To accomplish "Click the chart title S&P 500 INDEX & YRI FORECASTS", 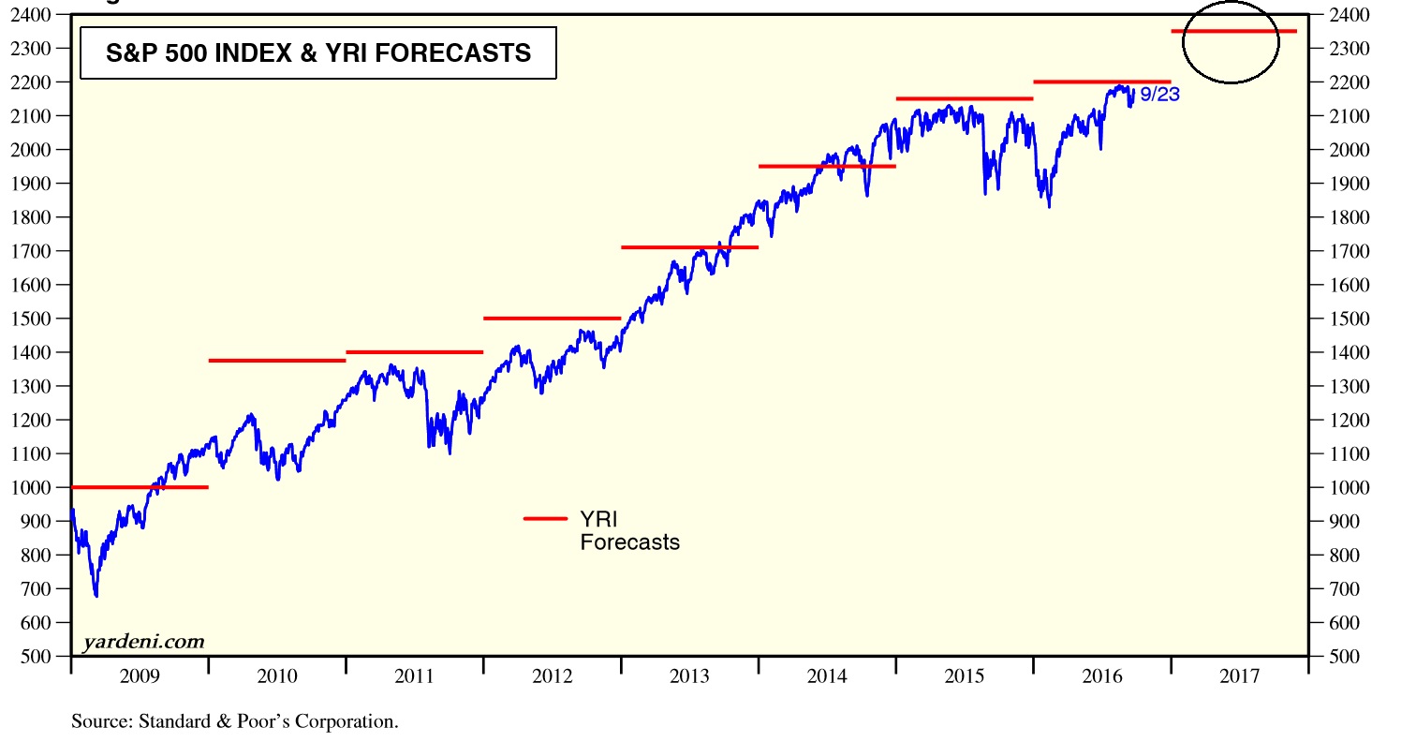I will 318,53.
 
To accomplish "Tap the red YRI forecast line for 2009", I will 140,487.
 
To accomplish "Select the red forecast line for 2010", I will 277,361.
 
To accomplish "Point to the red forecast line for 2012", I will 553,319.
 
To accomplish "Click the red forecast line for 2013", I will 689,247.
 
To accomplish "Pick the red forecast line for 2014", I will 827,166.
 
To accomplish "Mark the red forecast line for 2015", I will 965,98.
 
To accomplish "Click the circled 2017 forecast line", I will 1233,32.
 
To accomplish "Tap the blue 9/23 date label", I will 1159,95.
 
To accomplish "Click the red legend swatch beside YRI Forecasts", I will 545,518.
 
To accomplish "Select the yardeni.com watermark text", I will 142,642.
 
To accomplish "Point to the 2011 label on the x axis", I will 414,676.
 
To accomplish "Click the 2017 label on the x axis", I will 1239,676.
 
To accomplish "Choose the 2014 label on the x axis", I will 827,676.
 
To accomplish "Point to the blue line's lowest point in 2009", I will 96,596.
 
